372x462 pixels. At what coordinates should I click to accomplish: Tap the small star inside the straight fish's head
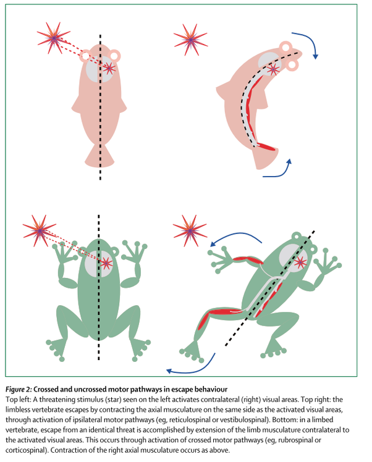[109, 67]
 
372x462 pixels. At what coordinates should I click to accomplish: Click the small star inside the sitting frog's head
[107, 262]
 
